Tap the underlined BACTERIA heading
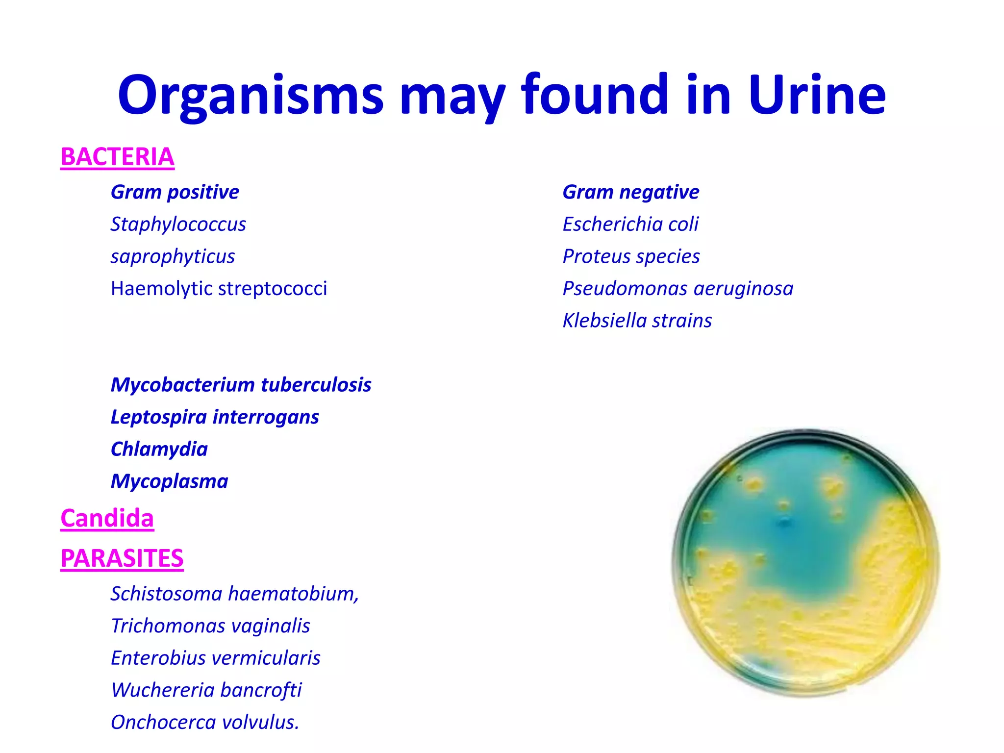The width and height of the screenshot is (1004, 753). point(117,157)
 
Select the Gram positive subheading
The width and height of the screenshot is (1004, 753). point(175,192)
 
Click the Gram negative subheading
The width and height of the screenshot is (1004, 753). point(630,192)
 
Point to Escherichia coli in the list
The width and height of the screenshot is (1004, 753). point(630,225)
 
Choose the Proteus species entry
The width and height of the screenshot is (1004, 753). point(631,256)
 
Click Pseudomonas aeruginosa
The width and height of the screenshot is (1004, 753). point(678,289)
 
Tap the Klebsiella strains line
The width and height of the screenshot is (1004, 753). point(637,321)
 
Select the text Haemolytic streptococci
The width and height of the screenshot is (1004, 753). point(219,289)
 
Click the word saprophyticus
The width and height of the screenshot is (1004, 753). point(173,256)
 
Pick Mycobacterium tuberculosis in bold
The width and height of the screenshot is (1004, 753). point(241,385)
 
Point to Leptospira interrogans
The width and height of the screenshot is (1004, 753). point(215,417)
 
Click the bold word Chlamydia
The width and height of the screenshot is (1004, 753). point(159,449)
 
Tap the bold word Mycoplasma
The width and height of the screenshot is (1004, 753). point(169,481)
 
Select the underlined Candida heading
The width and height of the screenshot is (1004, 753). point(107,519)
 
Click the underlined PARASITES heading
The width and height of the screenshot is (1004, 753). point(122,559)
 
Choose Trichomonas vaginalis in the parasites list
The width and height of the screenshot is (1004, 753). point(210,626)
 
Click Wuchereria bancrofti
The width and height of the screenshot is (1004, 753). point(206,690)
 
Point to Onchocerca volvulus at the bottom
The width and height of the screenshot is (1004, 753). point(204,723)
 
